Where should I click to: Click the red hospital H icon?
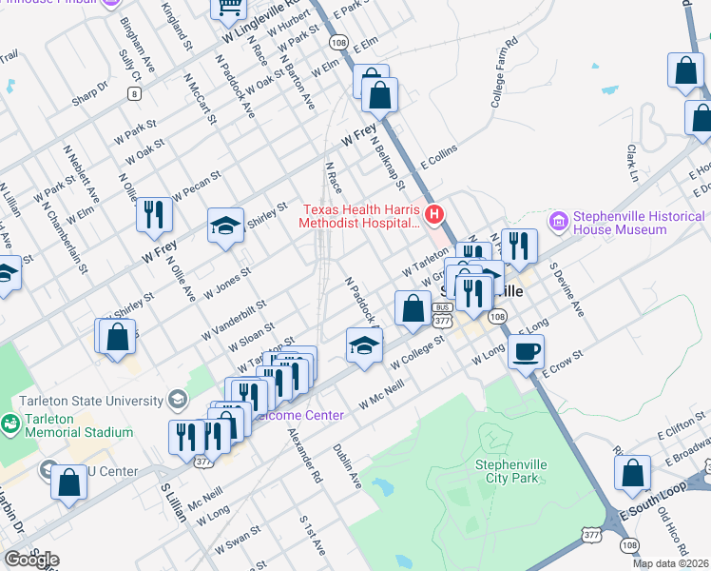click(434, 214)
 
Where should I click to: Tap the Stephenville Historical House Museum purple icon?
click(558, 221)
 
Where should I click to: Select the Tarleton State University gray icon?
click(177, 398)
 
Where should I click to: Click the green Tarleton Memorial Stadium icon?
click(10, 422)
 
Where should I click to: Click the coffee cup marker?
click(525, 352)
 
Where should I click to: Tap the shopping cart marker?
click(229, 8)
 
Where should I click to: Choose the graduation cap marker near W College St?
click(364, 346)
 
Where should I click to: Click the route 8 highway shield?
click(135, 93)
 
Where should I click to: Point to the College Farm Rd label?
click(504, 72)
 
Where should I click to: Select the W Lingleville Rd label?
click(265, 23)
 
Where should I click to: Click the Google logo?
click(31, 559)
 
